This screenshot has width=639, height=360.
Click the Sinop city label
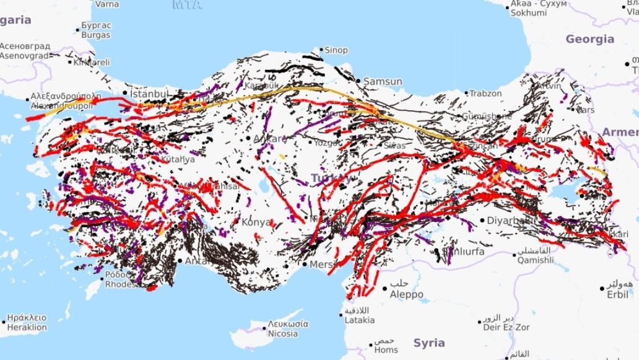click(x=337, y=50)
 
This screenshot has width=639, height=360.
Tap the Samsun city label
click(x=383, y=81)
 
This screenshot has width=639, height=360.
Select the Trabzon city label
click(x=485, y=94)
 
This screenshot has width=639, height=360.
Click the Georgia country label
click(x=589, y=39)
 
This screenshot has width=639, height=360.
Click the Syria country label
click(x=429, y=343)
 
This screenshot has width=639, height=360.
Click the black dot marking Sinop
click(x=321, y=49)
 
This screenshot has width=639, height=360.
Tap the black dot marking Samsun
click(x=359, y=81)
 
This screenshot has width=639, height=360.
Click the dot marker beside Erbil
click(x=602, y=288)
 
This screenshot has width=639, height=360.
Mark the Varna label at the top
click(x=108, y=4)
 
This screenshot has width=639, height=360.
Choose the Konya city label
click(x=256, y=222)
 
